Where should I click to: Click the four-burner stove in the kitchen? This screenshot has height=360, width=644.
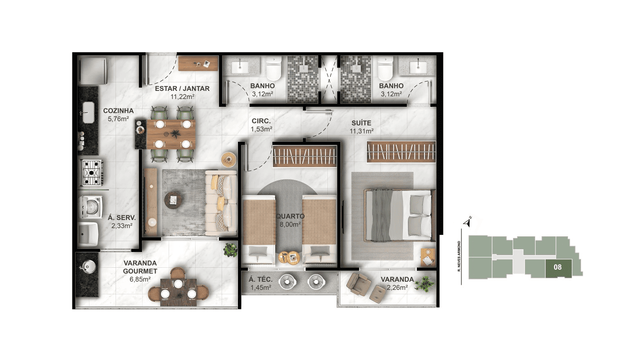(x=92, y=173)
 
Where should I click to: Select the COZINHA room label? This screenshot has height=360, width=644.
(x=118, y=111)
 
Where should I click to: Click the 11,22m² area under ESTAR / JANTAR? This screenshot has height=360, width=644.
(x=183, y=97)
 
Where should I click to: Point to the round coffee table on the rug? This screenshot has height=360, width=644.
(x=174, y=200)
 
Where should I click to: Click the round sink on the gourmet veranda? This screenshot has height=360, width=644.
(x=89, y=266)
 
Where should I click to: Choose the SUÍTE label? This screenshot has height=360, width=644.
(x=362, y=123)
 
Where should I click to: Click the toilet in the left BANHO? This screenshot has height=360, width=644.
(x=273, y=68)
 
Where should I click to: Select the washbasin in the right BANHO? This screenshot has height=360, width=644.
(x=418, y=66)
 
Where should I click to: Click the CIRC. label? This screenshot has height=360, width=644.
(x=261, y=121)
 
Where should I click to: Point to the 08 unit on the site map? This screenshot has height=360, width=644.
(x=558, y=268)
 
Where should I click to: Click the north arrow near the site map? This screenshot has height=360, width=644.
(x=468, y=222)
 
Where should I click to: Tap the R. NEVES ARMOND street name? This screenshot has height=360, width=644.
(x=459, y=256)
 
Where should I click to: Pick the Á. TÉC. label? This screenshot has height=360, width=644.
(x=260, y=279)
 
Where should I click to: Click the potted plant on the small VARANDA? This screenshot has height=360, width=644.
(x=424, y=284)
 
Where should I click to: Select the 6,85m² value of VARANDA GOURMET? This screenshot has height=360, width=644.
(x=140, y=279)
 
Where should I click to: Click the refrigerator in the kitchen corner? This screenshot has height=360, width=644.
(x=93, y=71)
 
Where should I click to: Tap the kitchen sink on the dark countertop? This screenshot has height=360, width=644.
(x=89, y=112)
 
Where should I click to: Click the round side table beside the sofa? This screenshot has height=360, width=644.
(x=228, y=160)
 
